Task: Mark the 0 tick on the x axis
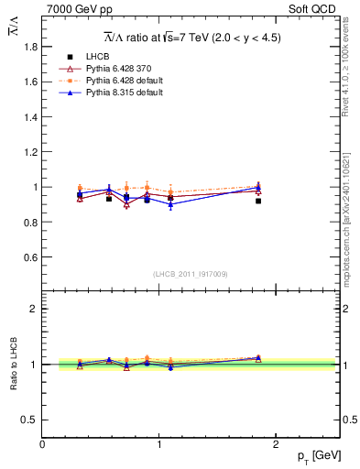coord(42,444)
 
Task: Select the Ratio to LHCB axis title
coord(15,364)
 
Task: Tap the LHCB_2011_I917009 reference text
coord(191,274)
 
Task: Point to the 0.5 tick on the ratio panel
coord(29,420)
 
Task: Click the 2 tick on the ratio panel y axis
coord(33,309)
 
